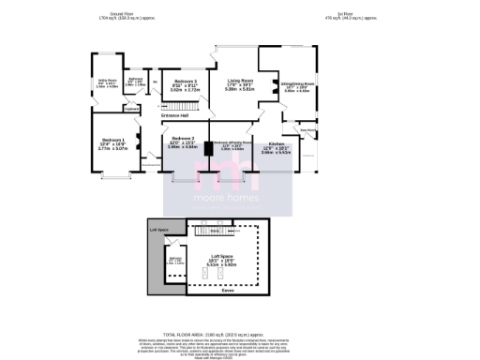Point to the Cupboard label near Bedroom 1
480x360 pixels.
coord(132,109)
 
